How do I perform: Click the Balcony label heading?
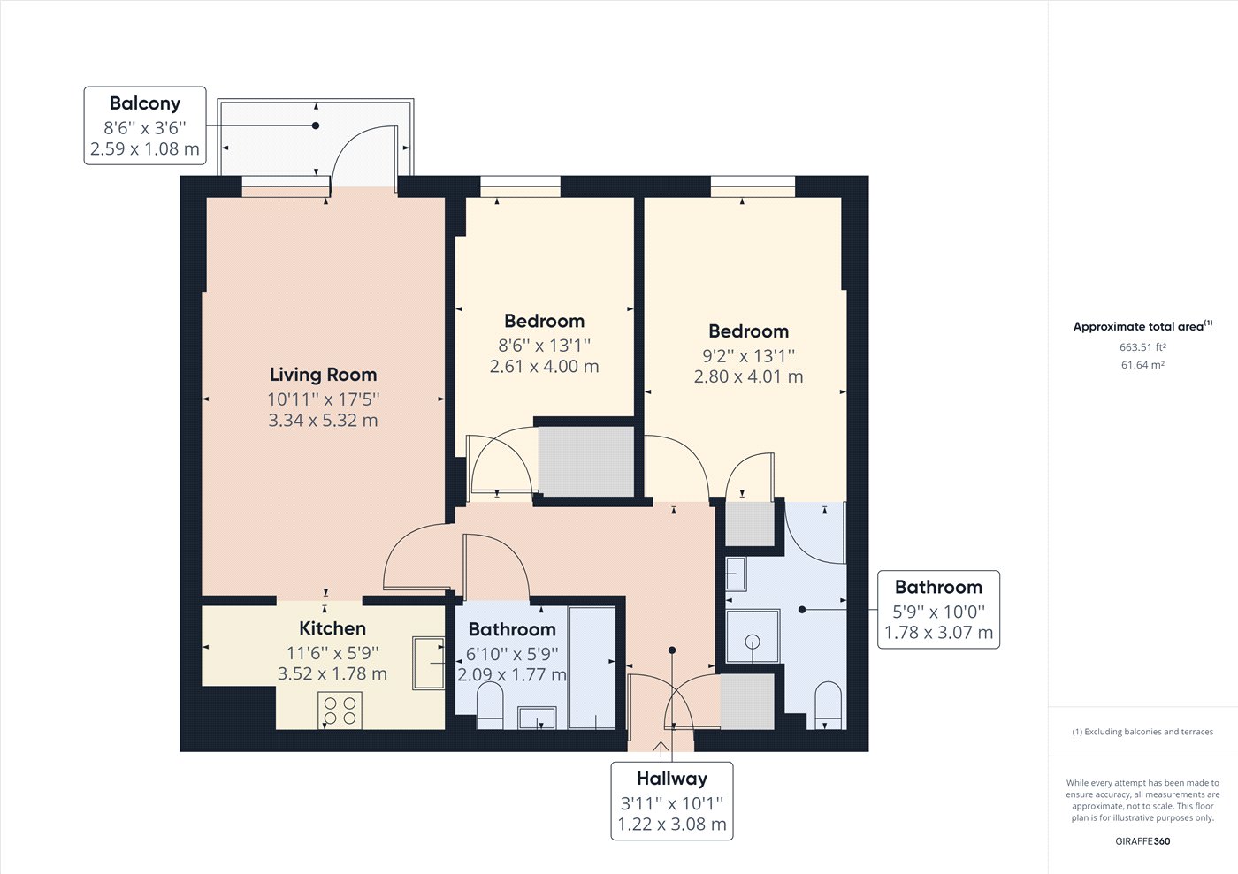click(x=145, y=103)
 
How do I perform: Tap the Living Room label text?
click(x=324, y=375)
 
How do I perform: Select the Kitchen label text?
click(x=332, y=628)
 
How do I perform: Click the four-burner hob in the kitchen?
click(x=340, y=711)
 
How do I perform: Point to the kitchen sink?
click(x=428, y=664)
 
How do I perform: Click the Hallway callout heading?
click(x=672, y=779)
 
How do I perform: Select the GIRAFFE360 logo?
click(x=1142, y=841)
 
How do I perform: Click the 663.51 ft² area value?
click(x=1142, y=347)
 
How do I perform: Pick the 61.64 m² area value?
click(x=1142, y=365)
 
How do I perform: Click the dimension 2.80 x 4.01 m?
click(x=748, y=376)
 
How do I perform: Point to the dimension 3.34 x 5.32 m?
click(x=324, y=421)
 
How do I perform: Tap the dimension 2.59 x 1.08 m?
click(x=145, y=149)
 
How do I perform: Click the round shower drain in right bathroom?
click(x=753, y=642)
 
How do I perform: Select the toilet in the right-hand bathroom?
click(x=828, y=705)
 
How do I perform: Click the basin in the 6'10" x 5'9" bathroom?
click(x=537, y=718)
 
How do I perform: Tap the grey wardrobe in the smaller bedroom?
click(x=586, y=461)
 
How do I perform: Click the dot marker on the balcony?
click(x=316, y=125)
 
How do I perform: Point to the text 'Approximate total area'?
click(x=1139, y=326)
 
